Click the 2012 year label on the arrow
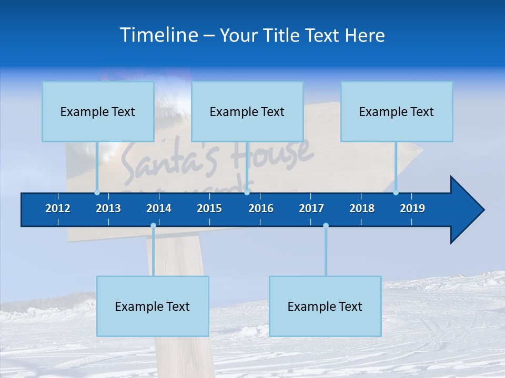pyautogui.click(x=58, y=208)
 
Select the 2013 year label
pyautogui.click(x=108, y=208)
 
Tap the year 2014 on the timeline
pyautogui.click(x=159, y=208)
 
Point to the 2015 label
pyautogui.click(x=209, y=208)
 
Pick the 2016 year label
pyautogui.click(x=261, y=208)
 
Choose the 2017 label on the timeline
pyautogui.click(x=311, y=208)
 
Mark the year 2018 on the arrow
pyautogui.click(x=362, y=208)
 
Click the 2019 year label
pyautogui.click(x=412, y=208)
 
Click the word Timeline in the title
pyautogui.click(x=158, y=35)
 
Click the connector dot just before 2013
pyautogui.click(x=97, y=193)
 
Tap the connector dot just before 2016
pyautogui.click(x=247, y=193)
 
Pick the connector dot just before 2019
pyautogui.click(x=396, y=193)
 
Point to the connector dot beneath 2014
pyautogui.click(x=153, y=226)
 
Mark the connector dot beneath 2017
pyautogui.click(x=326, y=226)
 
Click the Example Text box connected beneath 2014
pyautogui.click(x=153, y=306)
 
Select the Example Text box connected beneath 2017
pyautogui.click(x=325, y=306)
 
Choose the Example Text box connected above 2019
pyautogui.click(x=397, y=111)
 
